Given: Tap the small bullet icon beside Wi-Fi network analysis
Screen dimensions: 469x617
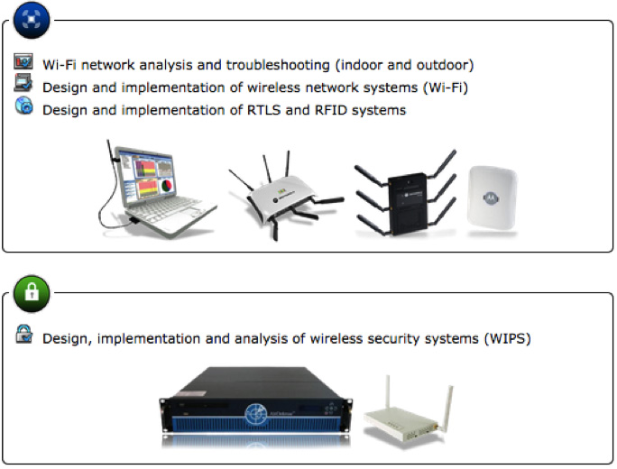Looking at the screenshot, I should click(x=23, y=63).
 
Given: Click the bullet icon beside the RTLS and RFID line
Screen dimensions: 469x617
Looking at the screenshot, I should click(x=23, y=107).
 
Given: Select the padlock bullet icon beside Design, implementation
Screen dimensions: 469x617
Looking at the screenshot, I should click(x=23, y=336).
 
